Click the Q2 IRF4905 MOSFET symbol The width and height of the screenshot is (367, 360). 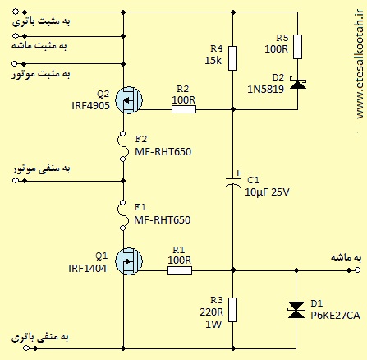point(129,100)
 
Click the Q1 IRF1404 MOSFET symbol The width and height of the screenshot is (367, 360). point(129,261)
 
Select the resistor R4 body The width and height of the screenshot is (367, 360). point(232,58)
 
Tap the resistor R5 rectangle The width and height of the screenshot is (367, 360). point(297,47)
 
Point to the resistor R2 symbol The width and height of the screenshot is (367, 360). point(184,109)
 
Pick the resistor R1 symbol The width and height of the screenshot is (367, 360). point(180,270)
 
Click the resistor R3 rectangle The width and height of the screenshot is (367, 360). point(232,310)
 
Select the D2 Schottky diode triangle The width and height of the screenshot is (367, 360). point(298,85)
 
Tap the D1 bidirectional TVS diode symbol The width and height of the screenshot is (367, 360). point(296,310)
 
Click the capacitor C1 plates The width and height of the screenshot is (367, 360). point(232,182)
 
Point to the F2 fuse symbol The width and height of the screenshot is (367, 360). point(123,146)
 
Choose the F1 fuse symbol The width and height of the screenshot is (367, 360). point(123,215)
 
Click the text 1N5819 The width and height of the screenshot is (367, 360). point(266,90)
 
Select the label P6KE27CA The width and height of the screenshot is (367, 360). point(335,316)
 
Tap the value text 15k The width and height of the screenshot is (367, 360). point(213,61)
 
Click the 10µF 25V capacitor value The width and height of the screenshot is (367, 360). point(267,192)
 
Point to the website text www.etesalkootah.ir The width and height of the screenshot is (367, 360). point(360,64)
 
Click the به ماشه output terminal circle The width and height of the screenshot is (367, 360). point(357,270)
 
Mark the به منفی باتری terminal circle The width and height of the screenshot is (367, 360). point(26,348)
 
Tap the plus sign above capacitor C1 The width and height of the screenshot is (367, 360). point(238,173)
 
